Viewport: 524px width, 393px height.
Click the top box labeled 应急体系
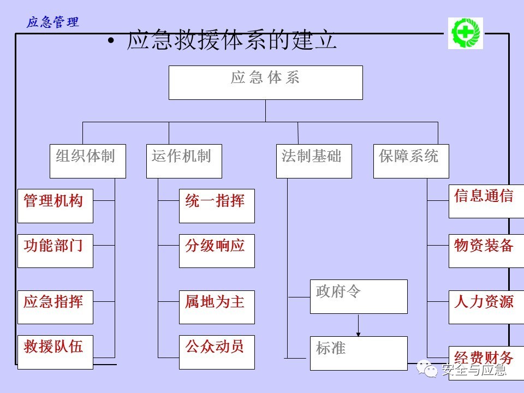[x=265, y=82]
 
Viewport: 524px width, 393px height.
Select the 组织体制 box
[x=87, y=161]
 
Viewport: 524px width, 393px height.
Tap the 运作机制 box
[x=184, y=161]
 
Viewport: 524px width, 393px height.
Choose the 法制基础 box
[x=314, y=161]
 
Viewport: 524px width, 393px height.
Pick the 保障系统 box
[x=411, y=161]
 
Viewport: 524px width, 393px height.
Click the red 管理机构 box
[x=55, y=206]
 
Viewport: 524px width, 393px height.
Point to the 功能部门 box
[x=55, y=251]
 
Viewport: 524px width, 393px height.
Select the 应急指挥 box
[x=55, y=307]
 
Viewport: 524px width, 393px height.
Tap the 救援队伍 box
[x=55, y=352]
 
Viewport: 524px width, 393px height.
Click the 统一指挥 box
[x=217, y=206]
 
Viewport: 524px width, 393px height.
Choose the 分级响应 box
[x=217, y=251]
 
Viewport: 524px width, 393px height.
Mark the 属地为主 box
[x=217, y=307]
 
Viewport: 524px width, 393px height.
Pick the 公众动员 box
[x=217, y=352]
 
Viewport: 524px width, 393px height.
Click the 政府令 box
[x=359, y=296]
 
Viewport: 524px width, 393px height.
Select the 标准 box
[x=359, y=353]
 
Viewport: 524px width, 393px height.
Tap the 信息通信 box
[x=486, y=201]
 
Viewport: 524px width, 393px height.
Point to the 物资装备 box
[x=486, y=251]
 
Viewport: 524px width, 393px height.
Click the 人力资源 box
[x=486, y=307]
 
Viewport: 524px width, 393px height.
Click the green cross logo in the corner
[x=466, y=33]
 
